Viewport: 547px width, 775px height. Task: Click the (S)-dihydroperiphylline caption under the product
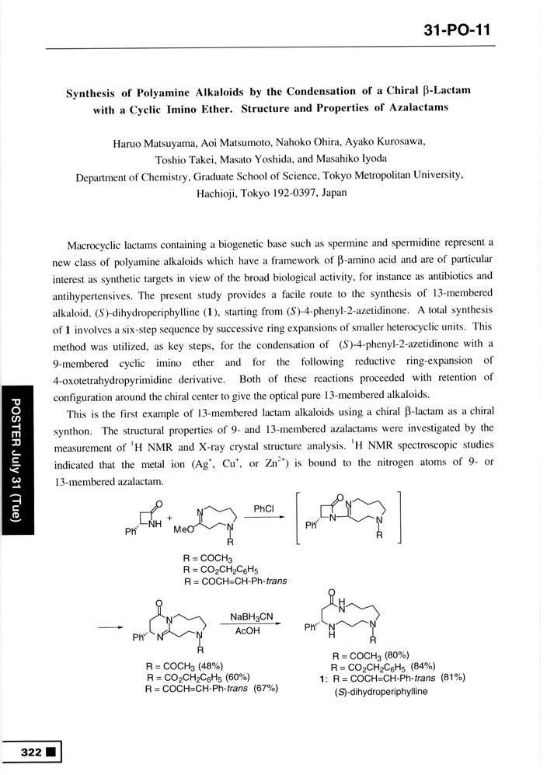tap(382, 691)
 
